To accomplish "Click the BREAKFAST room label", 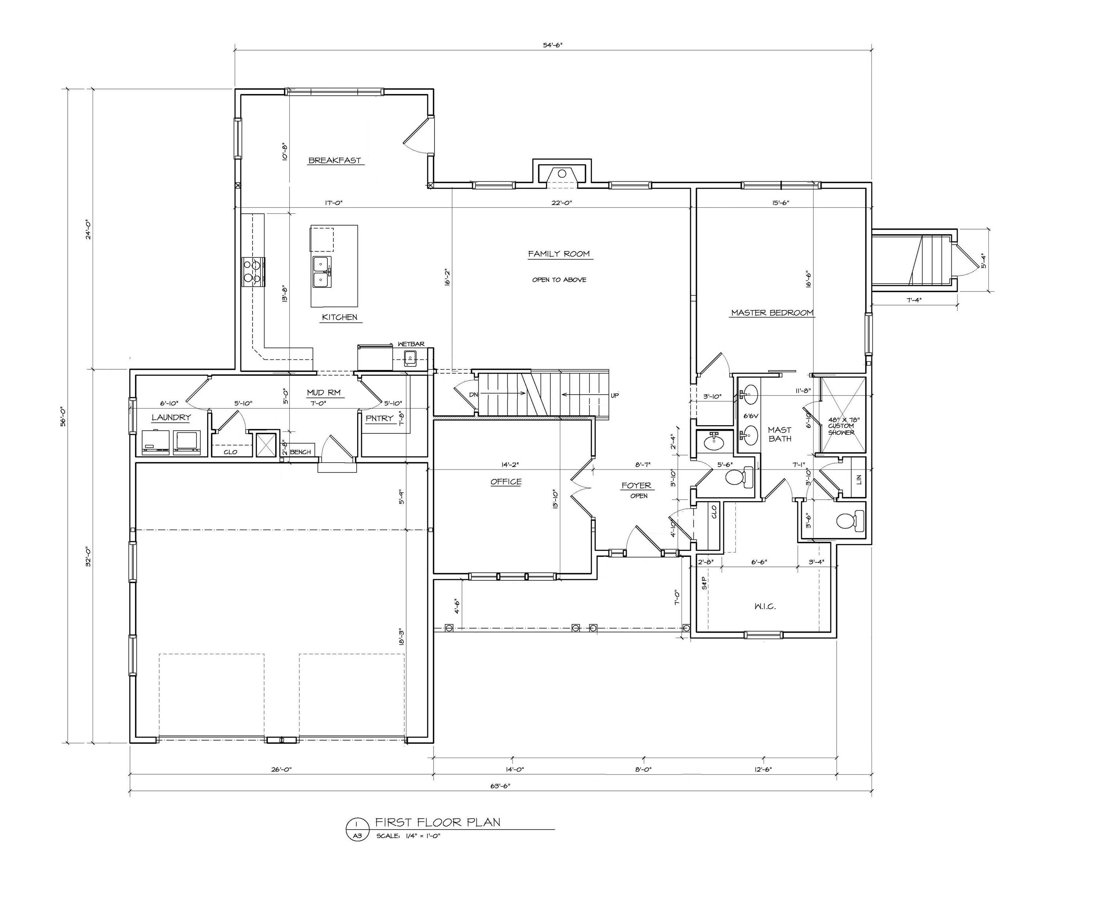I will point(335,160).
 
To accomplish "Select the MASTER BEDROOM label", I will point(772,313).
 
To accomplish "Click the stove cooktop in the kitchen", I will point(253,272).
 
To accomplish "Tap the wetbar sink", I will point(410,359).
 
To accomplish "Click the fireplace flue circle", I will point(561,173).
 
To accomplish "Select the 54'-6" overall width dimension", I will point(553,45).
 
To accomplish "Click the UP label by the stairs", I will point(614,395).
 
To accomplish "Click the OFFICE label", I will point(506,482).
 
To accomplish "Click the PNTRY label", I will point(379,418).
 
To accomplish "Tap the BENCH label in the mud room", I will point(300,452).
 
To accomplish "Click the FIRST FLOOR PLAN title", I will point(438,822).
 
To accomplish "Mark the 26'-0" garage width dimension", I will point(281,769).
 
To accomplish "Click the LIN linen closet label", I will point(858,479).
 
